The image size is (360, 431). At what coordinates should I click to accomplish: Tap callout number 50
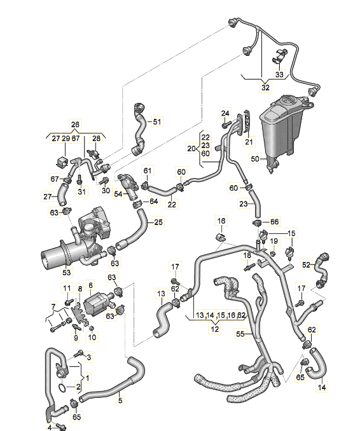[x=255, y=158]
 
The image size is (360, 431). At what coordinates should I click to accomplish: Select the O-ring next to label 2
[x=62, y=388]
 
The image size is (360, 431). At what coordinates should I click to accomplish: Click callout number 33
[x=279, y=74]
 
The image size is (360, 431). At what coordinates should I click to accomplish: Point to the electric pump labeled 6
[x=97, y=303]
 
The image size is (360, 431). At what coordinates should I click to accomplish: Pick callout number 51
[x=156, y=121]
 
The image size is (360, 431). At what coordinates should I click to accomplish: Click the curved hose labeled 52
[x=322, y=270]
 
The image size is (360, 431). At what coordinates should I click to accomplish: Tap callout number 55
[x=240, y=334]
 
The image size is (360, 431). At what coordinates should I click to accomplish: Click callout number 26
[x=75, y=125]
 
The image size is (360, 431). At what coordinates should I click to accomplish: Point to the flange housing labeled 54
[x=128, y=187]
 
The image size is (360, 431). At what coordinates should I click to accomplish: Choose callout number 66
[x=275, y=222]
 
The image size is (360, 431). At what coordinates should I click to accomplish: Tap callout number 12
[x=215, y=329]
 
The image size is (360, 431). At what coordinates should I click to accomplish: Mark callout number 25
[x=158, y=222]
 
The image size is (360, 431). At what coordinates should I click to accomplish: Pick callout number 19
[x=273, y=241]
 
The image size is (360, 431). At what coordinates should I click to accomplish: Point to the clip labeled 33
[x=279, y=56]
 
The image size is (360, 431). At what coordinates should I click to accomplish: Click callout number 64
[x=153, y=202]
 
